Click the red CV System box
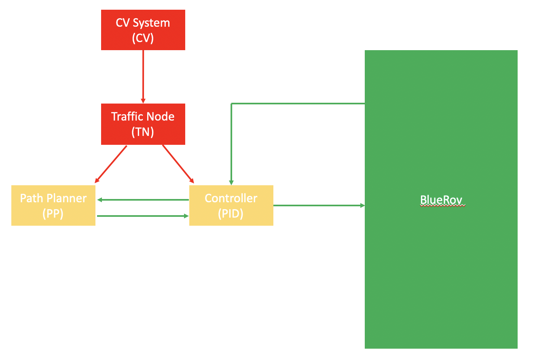(x=143, y=30)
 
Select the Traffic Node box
(x=143, y=124)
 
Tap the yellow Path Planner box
(x=53, y=205)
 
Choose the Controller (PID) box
(x=231, y=205)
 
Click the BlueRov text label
(x=441, y=200)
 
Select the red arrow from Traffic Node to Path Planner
(x=112, y=163)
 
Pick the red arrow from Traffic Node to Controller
(x=178, y=163)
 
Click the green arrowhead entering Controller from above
(x=231, y=182)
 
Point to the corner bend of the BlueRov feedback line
(x=231, y=104)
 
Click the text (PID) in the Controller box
(x=231, y=213)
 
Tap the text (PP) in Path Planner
(x=53, y=213)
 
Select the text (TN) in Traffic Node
(x=143, y=132)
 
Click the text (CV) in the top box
(x=143, y=38)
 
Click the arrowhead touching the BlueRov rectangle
(x=362, y=205)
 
